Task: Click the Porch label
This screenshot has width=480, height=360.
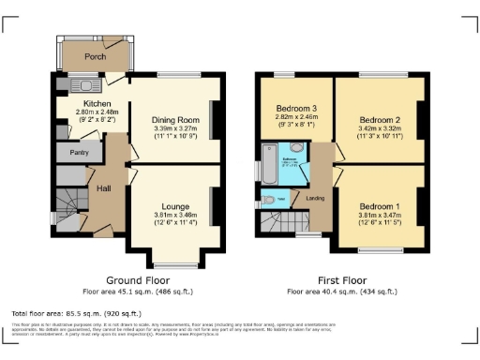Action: click(95, 56)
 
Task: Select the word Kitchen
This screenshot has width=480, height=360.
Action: click(97, 102)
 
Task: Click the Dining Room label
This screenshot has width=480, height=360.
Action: click(176, 120)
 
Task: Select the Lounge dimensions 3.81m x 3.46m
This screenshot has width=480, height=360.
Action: click(176, 216)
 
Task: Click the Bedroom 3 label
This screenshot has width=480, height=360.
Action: click(294, 108)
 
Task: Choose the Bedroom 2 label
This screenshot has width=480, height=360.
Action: click(379, 120)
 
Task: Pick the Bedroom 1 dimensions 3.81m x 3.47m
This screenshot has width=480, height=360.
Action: click(379, 216)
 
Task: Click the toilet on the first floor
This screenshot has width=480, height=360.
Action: click(269, 199)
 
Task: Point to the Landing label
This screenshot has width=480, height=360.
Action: click(316, 198)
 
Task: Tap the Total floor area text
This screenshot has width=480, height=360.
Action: click(76, 312)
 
